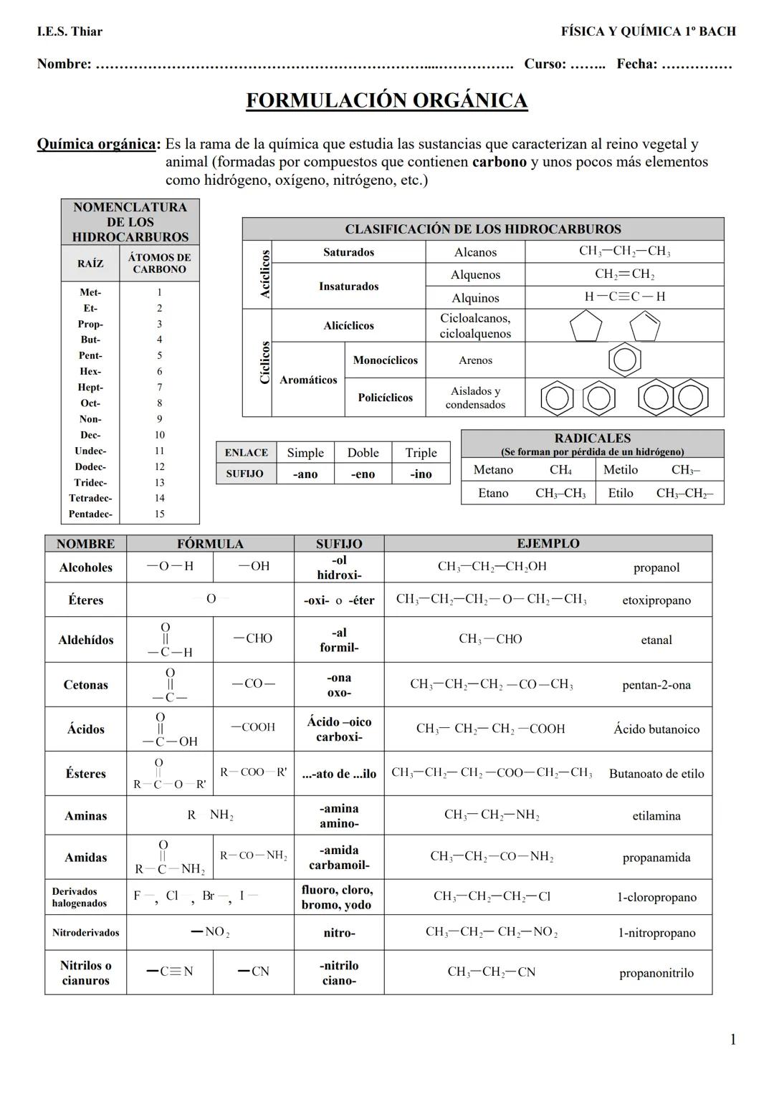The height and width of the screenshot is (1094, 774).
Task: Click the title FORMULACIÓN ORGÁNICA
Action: tap(386, 100)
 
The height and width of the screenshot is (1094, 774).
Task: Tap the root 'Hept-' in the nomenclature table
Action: tap(90, 388)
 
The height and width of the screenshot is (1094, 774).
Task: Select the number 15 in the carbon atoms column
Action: tap(159, 514)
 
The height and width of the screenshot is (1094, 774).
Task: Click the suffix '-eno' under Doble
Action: tap(363, 474)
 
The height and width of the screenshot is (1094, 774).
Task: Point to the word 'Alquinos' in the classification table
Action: tap(475, 298)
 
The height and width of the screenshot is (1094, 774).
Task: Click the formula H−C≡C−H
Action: tap(624, 297)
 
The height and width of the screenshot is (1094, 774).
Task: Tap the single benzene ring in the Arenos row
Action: tap(624, 360)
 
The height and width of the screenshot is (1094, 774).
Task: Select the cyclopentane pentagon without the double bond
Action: tap(586, 327)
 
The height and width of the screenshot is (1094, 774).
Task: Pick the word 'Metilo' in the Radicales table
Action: tap(620, 470)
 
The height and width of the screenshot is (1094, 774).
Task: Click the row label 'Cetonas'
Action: tap(85, 685)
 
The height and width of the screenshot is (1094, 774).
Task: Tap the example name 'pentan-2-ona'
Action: tap(656, 685)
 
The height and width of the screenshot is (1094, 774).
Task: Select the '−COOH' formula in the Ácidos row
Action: tap(253, 727)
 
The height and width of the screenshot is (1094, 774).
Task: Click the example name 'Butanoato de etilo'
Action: tap(656, 774)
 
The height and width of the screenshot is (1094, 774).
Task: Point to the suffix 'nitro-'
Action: tap(339, 933)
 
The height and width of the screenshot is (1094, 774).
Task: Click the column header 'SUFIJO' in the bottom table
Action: tap(339, 544)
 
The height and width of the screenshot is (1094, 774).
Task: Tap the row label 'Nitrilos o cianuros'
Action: tap(85, 973)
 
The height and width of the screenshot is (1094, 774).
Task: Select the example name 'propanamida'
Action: tap(656, 858)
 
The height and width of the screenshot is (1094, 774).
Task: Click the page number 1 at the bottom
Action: tap(732, 1040)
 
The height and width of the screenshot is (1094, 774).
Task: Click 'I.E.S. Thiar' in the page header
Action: tap(70, 32)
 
